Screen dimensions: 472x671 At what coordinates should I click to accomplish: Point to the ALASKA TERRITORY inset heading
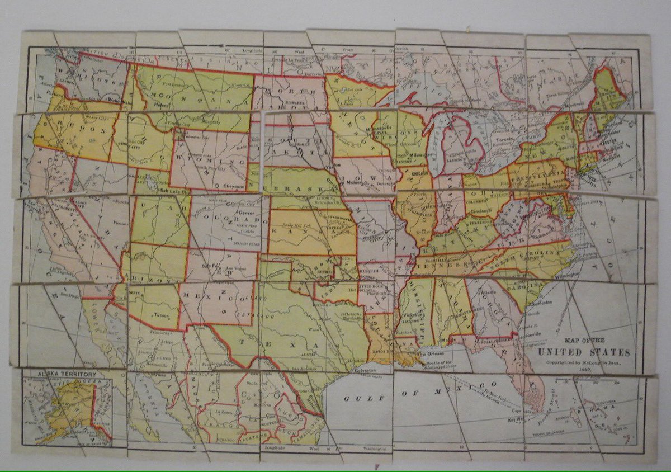67,374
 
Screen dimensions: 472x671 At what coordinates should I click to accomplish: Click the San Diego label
69,292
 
